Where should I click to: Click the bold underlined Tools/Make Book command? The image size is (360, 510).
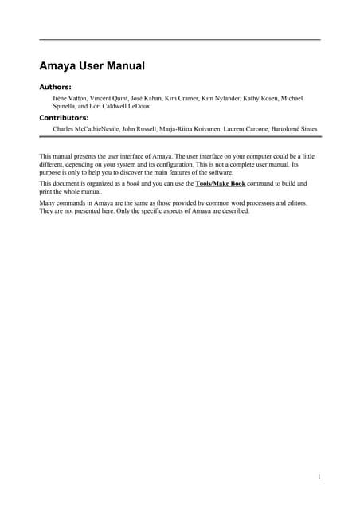pos(220,184)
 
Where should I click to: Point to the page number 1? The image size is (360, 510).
pos(319,477)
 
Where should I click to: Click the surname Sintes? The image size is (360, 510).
pos(307,127)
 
